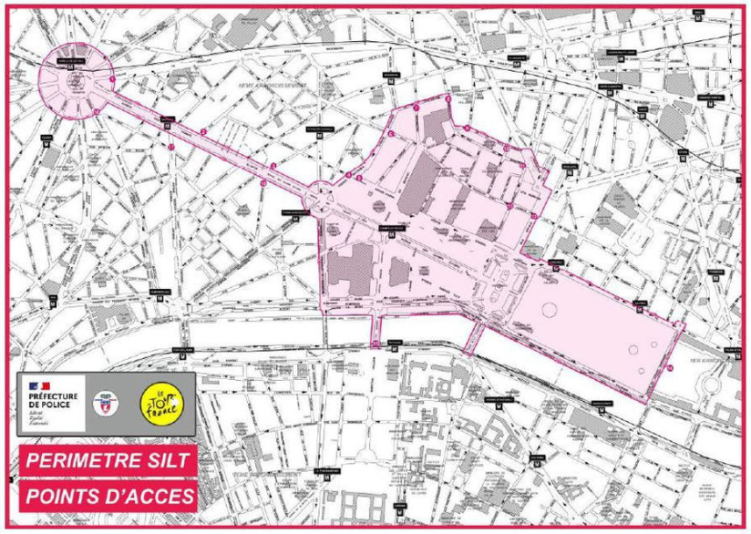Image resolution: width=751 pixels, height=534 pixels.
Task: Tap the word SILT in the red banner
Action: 168,460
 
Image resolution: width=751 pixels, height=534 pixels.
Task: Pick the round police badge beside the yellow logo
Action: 115,402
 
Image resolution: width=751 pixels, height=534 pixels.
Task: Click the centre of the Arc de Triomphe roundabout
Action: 76,77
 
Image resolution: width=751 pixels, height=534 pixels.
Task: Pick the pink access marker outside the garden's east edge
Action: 671,367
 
